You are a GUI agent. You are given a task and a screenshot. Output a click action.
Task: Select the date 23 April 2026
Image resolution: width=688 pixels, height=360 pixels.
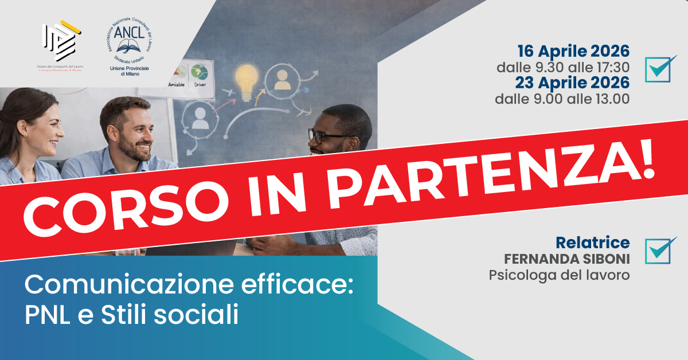pos(573,83)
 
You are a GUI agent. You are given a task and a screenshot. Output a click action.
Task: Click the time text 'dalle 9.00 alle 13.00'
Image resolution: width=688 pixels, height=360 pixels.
pos(562,99)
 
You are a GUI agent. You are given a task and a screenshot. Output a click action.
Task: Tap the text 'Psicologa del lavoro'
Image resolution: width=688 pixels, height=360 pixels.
pos(559,275)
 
